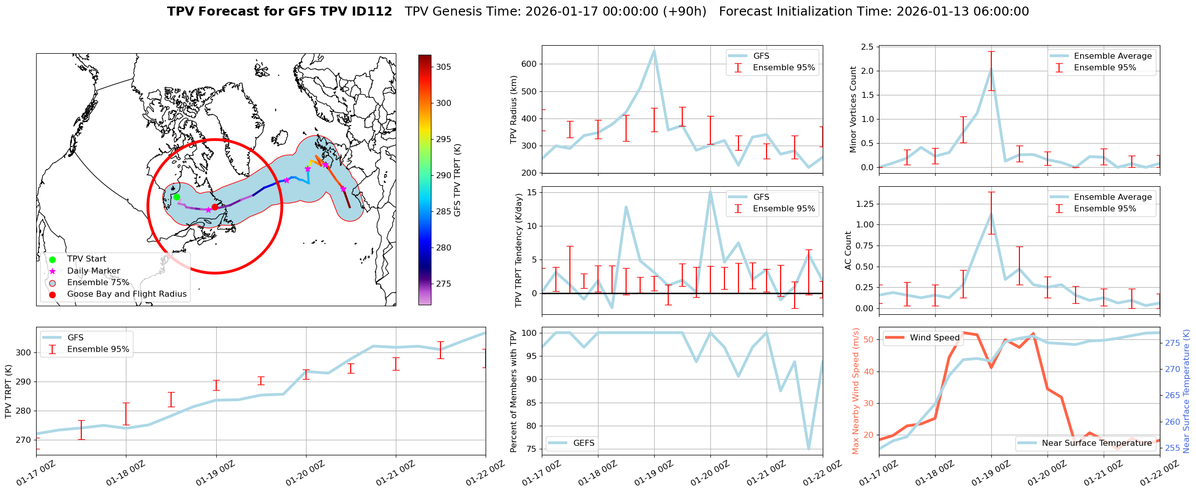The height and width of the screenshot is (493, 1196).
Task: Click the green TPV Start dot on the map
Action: (x=177, y=197)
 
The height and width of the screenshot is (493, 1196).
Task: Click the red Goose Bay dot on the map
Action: (x=215, y=207)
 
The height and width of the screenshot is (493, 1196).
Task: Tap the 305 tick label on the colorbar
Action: (x=443, y=67)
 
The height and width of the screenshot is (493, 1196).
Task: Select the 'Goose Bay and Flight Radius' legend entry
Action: (x=126, y=294)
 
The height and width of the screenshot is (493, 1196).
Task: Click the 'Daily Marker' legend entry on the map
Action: (x=93, y=271)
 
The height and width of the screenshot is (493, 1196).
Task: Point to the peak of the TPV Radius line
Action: (x=654, y=50)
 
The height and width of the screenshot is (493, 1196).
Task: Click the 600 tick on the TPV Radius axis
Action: (x=530, y=64)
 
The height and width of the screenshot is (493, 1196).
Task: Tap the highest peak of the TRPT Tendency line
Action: (x=710, y=191)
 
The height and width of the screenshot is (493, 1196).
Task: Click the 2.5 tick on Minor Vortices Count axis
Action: (x=867, y=47)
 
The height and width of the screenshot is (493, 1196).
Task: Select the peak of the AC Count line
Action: (x=991, y=212)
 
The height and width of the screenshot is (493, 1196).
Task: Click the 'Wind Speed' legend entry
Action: (x=934, y=338)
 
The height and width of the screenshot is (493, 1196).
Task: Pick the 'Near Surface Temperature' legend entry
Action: (x=1097, y=443)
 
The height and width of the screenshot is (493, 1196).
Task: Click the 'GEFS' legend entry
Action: (x=583, y=443)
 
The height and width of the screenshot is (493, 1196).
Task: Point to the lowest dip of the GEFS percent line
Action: (x=809, y=449)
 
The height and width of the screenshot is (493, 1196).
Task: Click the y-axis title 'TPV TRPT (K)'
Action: (x=9, y=392)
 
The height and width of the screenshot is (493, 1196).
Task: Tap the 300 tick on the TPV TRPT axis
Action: (x=24, y=352)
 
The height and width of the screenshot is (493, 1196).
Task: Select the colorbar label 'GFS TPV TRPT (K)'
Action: (x=457, y=180)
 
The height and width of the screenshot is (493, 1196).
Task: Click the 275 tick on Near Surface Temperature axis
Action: (x=1172, y=343)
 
